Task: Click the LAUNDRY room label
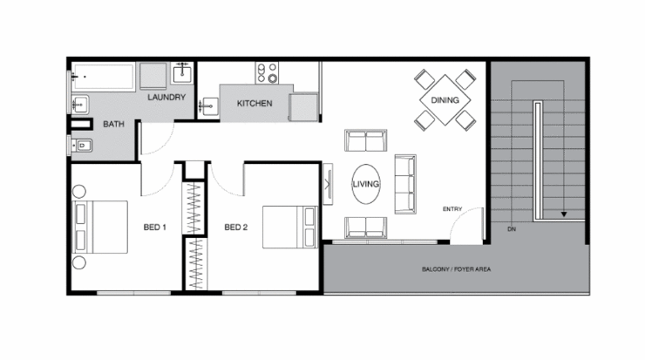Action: [x=166, y=97]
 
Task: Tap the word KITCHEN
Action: [x=255, y=104]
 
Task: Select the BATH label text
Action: [x=113, y=125]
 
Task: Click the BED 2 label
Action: [x=236, y=228]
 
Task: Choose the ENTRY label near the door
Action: [x=452, y=209]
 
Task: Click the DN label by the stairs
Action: [x=511, y=228]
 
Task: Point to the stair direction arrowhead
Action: [x=565, y=213]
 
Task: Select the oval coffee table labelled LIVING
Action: [x=365, y=185]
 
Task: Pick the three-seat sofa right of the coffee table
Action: [x=406, y=184]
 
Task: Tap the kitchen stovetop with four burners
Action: [x=265, y=71]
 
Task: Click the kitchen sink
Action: [x=209, y=105]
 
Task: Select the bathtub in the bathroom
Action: [x=102, y=78]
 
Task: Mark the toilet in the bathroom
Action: [x=80, y=146]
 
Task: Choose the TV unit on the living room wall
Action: [x=328, y=185]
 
